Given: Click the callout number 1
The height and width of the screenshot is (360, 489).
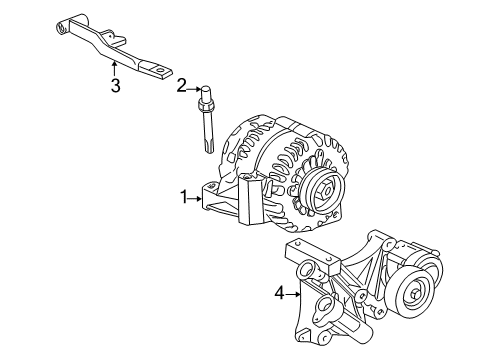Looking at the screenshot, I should pyautogui.click(x=184, y=198).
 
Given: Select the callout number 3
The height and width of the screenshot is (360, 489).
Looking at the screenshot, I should pyautogui.click(x=115, y=86).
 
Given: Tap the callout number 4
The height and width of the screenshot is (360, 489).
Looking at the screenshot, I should pyautogui.click(x=280, y=293).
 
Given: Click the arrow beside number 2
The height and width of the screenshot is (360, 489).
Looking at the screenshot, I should pyautogui.click(x=194, y=87).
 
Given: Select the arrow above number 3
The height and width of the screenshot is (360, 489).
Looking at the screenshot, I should pyautogui.click(x=115, y=66).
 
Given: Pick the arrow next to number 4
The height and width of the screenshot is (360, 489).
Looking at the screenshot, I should pyautogui.click(x=296, y=293).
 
